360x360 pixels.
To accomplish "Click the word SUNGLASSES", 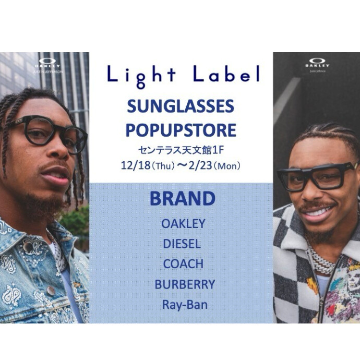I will [x=181, y=107].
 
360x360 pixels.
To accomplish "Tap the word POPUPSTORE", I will [x=181, y=129].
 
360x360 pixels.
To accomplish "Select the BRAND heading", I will [x=182, y=199].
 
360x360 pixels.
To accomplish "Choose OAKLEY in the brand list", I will [x=183, y=224].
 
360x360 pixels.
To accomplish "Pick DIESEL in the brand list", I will [x=182, y=244].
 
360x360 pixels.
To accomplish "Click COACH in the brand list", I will [x=183, y=264].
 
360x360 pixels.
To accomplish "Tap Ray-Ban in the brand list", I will [x=184, y=305].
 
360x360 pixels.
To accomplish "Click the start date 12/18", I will [x=133, y=166].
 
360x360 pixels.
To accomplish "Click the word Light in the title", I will [x=140, y=76].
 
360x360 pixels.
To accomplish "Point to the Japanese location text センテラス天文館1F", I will [x=181, y=150].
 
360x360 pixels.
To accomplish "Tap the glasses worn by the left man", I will [x=50, y=133].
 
